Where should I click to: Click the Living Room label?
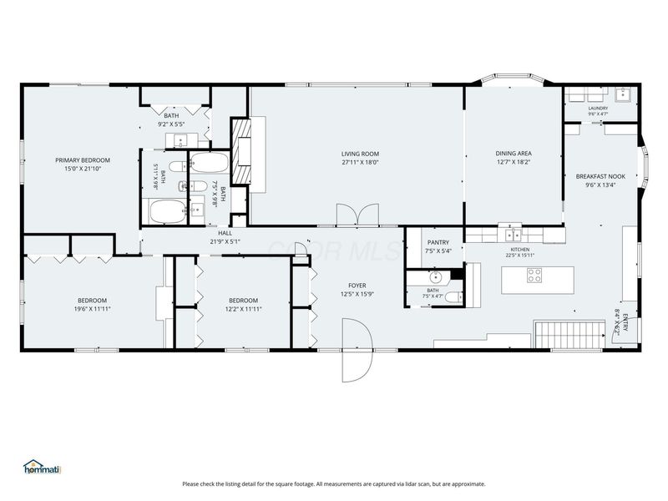pos(360,154)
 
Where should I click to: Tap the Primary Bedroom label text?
pos(83,160)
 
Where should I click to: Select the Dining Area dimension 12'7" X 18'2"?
pos(514,162)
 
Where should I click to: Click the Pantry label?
pos(438,242)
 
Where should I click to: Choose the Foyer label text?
pos(357,286)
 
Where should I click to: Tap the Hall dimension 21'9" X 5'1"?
pos(225,241)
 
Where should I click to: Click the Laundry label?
pos(598,109)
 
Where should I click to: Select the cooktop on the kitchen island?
pos(534,276)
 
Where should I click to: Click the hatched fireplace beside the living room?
pos(241,151)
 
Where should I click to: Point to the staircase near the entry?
pos(570,335)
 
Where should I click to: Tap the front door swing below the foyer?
pos(357,350)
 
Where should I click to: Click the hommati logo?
pos(43,468)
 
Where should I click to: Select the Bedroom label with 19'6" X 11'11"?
pos(92,301)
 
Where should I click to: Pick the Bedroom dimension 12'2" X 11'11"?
pos(243,309)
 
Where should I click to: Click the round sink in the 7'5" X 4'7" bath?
pos(436,278)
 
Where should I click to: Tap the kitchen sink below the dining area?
pos(514,235)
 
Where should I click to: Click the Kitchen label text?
pos(520,250)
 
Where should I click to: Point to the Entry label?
pos(625,322)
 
